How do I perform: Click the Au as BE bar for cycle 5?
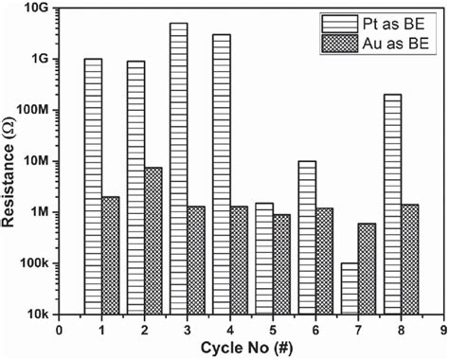pyautogui.click(x=281, y=264)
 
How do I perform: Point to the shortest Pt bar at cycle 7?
pyautogui.click(x=350, y=288)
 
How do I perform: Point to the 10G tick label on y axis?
pyautogui.click(x=35, y=9)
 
